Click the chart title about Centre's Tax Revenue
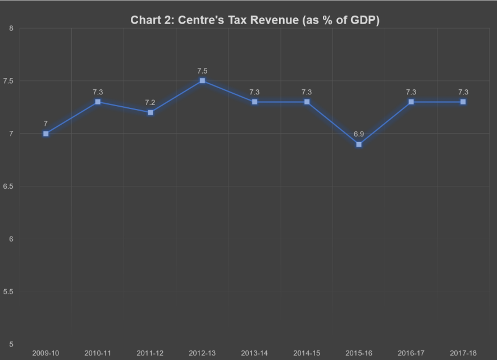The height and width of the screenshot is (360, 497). pos(255,20)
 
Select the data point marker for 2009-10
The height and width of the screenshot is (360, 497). pos(45,134)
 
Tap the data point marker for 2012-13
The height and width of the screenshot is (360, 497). pos(202,81)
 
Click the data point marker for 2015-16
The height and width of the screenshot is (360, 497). pos(359,144)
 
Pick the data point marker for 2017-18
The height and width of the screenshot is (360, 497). pos(463,102)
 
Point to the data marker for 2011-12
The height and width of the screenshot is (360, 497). pos(150,112)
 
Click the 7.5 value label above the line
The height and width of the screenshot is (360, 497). pos(202,71)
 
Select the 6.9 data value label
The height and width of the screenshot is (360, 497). pos(359,134)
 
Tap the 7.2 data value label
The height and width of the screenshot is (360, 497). pos(150,102)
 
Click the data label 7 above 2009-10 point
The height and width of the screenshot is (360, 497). pos(45,123)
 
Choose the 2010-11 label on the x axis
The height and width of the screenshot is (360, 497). pos(98,353)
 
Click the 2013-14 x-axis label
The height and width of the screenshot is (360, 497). pos(254,353)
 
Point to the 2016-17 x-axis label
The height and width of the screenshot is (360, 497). pos(411,353)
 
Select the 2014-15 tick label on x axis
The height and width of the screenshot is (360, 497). pos(307,353)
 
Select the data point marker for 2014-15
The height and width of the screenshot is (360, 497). pos(307,102)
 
